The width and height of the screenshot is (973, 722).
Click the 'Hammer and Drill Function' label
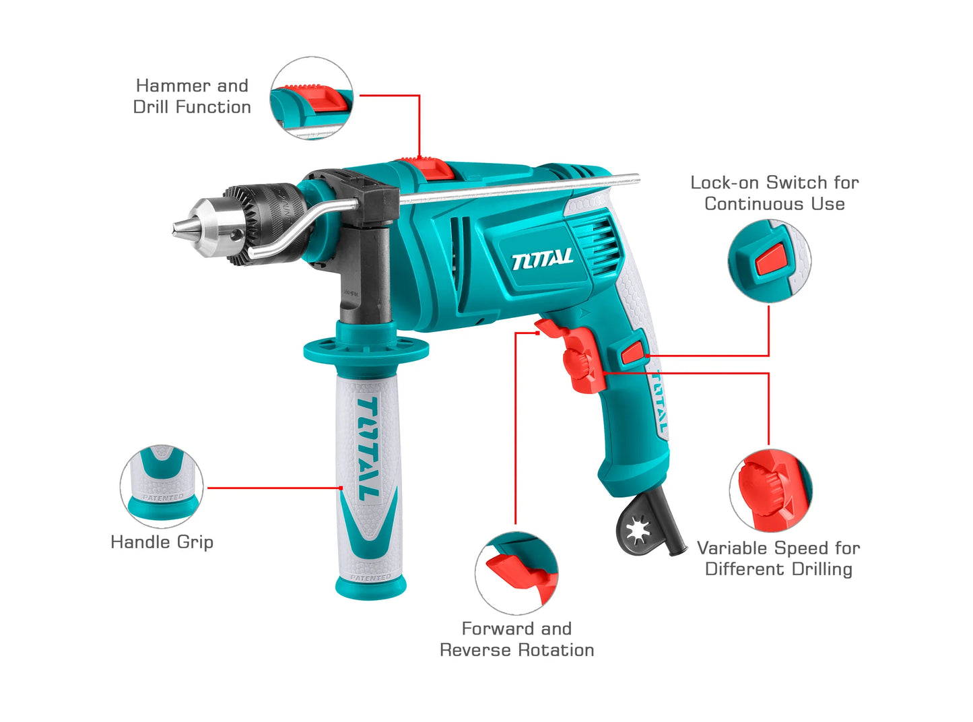[x=192, y=96]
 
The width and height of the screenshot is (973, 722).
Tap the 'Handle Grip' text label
[x=162, y=542]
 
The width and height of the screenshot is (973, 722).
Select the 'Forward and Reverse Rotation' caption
[x=516, y=639]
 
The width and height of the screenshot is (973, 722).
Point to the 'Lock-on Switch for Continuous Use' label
[x=775, y=193]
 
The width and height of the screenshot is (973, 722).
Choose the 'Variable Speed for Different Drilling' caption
[x=778, y=558]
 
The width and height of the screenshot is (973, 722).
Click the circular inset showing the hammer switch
[x=312, y=98]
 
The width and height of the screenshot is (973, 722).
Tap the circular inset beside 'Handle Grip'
[x=162, y=486]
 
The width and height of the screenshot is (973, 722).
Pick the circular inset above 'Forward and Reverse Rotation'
[x=516, y=572]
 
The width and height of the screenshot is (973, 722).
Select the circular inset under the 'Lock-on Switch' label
[x=770, y=261]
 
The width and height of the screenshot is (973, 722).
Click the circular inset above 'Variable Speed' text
[x=771, y=490]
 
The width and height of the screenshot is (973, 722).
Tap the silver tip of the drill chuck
[x=180, y=229]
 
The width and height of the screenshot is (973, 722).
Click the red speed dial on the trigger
[x=576, y=364]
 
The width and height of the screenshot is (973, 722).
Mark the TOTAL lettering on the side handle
[x=368, y=449]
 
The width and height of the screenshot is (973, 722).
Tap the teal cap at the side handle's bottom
[x=371, y=588]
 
